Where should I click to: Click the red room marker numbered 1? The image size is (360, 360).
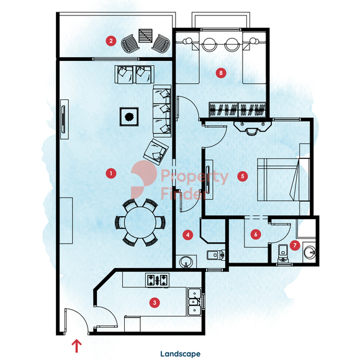(x=111, y=173)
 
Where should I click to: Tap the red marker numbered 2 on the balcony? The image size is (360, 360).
(x=111, y=41)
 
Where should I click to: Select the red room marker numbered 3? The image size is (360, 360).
(x=155, y=302)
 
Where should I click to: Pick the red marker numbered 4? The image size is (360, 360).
(x=188, y=235)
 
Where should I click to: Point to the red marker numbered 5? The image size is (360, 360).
(x=243, y=176)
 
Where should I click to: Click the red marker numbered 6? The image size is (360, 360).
(x=256, y=235)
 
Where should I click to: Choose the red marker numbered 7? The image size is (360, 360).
(x=295, y=245)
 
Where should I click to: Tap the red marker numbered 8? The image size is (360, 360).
(x=221, y=73)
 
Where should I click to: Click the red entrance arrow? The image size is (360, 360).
(x=76, y=346)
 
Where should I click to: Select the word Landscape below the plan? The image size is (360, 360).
(x=180, y=354)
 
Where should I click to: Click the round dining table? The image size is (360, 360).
(x=140, y=223)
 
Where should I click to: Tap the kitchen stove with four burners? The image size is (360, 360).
(x=158, y=280)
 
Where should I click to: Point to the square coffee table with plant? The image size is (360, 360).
(x=129, y=117)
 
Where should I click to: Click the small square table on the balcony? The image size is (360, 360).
(x=145, y=36)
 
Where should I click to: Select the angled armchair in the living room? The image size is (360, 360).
(x=156, y=152)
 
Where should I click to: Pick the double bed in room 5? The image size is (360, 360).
(x=284, y=179)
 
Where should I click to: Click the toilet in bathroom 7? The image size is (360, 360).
(x=282, y=253)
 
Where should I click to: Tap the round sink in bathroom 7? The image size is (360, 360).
(x=310, y=253)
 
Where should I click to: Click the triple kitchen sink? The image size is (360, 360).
(x=195, y=302)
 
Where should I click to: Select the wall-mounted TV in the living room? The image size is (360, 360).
(x=63, y=119)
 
